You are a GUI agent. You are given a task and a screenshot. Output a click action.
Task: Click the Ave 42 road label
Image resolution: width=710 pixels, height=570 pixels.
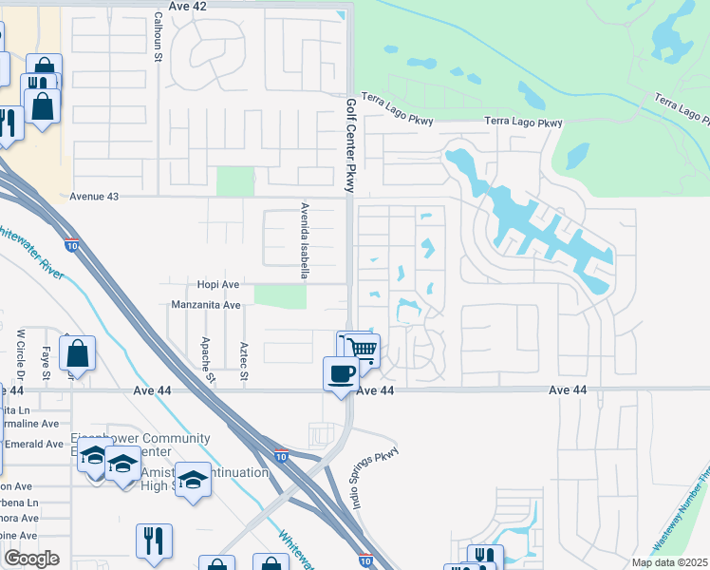[187, 6]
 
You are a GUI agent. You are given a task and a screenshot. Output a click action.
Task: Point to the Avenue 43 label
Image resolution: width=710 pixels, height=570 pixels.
[95, 197]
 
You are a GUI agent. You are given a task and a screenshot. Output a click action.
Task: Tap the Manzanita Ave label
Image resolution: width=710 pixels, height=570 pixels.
[205, 305]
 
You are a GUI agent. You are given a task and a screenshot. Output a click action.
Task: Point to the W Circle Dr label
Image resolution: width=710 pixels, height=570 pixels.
[20, 351]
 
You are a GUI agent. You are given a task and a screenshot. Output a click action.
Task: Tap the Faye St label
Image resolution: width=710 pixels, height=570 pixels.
[45, 360]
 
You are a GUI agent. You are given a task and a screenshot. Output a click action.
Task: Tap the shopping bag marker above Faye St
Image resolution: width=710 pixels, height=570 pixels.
[77, 353]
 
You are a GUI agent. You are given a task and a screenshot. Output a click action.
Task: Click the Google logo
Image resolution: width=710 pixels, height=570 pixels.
[30, 559]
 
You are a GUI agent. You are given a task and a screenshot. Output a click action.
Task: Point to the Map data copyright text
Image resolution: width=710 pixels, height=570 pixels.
[668, 562]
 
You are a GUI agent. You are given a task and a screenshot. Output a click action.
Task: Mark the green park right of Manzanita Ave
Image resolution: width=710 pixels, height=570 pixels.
[281, 296]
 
